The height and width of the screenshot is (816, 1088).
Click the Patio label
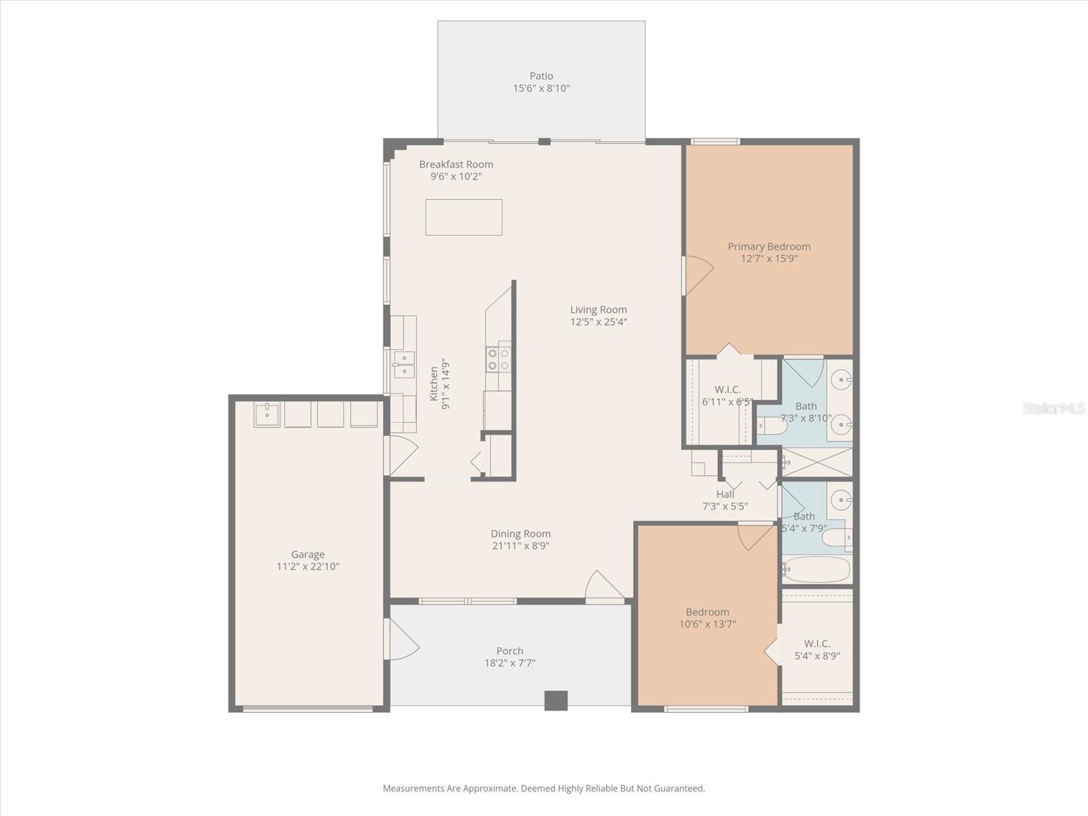click(541, 76)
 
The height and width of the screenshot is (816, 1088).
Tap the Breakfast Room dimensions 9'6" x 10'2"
click(456, 177)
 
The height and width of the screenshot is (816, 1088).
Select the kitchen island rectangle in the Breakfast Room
click(464, 218)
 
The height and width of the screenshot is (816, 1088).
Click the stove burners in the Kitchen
click(499, 359)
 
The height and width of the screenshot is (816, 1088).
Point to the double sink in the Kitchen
click(404, 364)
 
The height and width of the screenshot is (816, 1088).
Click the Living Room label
click(598, 310)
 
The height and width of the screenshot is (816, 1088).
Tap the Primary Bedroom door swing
click(698, 275)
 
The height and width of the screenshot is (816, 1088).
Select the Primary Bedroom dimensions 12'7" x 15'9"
click(769, 259)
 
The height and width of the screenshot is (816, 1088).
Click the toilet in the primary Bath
click(772, 426)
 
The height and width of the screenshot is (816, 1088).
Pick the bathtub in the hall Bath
click(816, 570)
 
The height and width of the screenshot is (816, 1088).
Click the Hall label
click(725, 494)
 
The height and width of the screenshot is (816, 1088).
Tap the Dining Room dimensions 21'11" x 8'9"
click(521, 546)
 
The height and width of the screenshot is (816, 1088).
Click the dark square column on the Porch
click(556, 700)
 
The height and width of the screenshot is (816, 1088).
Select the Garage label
click(308, 555)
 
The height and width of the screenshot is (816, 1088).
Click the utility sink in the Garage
click(267, 414)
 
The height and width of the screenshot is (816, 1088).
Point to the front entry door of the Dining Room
click(604, 588)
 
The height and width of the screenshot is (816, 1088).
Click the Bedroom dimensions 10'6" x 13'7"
click(707, 624)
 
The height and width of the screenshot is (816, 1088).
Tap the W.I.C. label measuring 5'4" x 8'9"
click(817, 643)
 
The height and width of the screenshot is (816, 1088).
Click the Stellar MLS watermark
click(1054, 409)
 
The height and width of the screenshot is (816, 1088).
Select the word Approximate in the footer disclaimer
click(490, 789)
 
